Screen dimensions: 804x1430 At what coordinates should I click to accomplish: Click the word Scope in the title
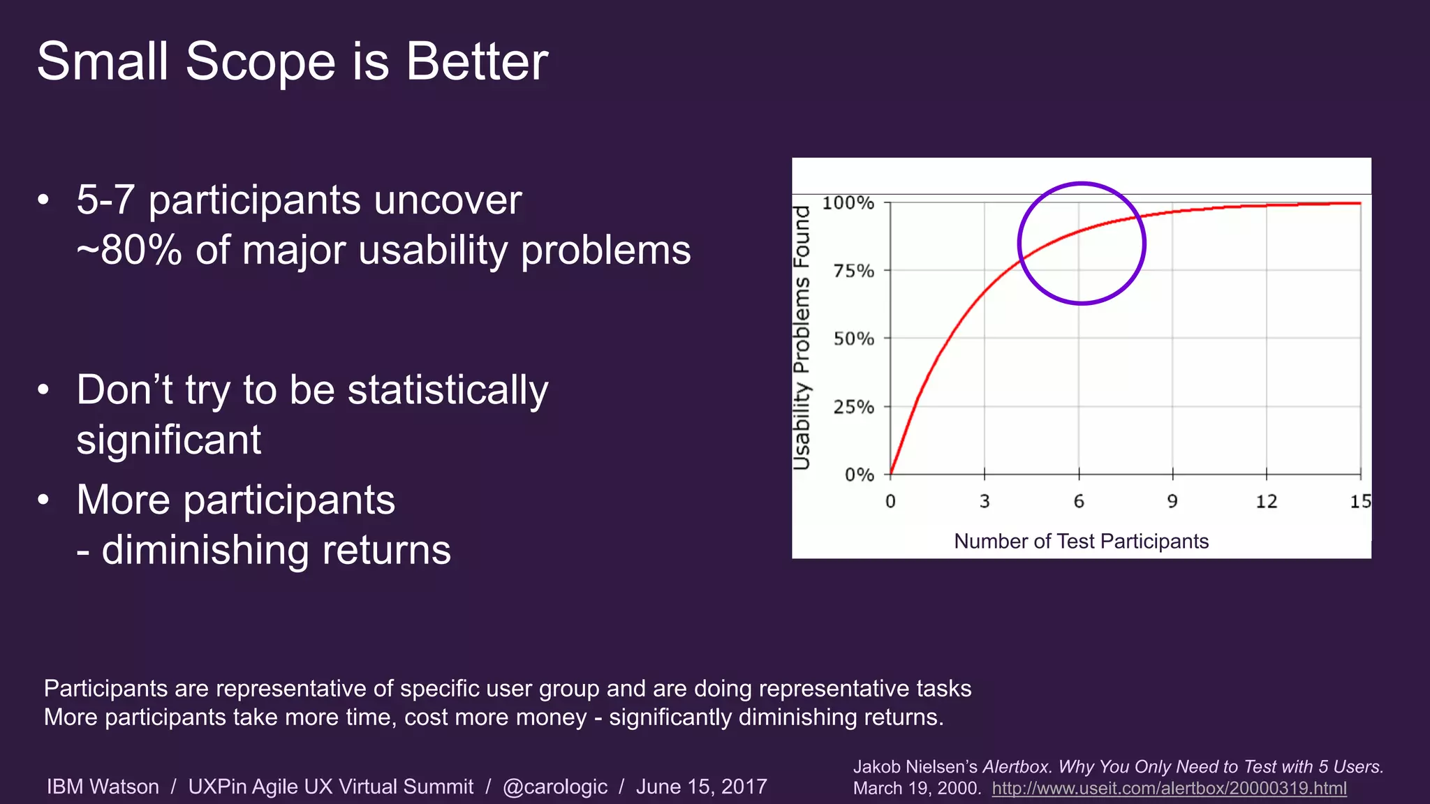pyautogui.click(x=261, y=63)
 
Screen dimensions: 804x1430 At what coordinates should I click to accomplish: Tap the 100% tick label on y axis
pyautogui.click(x=848, y=203)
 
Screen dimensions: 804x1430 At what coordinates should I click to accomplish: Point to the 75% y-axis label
pyautogui.click(x=853, y=271)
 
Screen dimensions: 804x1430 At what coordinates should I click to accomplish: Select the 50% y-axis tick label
pyautogui.click(x=853, y=339)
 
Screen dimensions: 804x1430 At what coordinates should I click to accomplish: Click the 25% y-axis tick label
pyautogui.click(x=853, y=407)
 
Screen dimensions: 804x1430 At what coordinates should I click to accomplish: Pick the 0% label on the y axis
pyautogui.click(x=859, y=475)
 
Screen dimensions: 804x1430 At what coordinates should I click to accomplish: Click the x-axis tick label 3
pyautogui.click(x=985, y=502)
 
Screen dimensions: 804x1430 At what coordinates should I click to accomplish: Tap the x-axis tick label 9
pyautogui.click(x=1172, y=502)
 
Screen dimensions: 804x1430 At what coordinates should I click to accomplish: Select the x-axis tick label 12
pyautogui.click(x=1266, y=502)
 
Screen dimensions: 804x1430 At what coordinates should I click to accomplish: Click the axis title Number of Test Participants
pyautogui.click(x=1081, y=542)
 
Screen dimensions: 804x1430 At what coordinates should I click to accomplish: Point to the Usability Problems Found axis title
pyautogui.click(x=802, y=338)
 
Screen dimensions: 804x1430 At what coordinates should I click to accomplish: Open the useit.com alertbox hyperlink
pyautogui.click(x=1169, y=789)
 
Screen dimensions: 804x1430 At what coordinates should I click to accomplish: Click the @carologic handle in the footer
pyautogui.click(x=555, y=787)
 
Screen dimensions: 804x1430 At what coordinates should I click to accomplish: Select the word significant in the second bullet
pyautogui.click(x=168, y=440)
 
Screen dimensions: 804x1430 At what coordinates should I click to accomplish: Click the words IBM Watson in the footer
pyautogui.click(x=103, y=787)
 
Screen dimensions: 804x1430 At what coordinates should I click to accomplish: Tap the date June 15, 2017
pyautogui.click(x=701, y=787)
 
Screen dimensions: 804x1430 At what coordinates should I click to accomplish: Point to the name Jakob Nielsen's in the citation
pyautogui.click(x=915, y=767)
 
